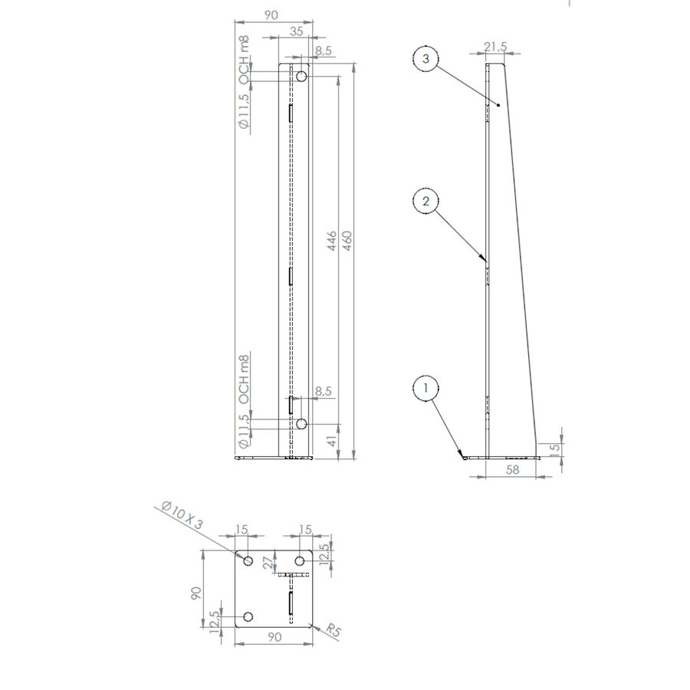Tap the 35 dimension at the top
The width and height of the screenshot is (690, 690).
click(297, 31)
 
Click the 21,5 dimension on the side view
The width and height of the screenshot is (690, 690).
click(496, 47)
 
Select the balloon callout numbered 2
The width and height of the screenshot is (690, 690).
click(426, 202)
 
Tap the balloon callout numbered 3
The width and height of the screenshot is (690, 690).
click(426, 58)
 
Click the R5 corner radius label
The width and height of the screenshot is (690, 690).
click(333, 630)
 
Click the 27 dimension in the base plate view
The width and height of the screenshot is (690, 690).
click(267, 563)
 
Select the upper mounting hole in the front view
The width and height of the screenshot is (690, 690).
click(301, 77)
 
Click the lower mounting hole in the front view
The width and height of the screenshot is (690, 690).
click(301, 423)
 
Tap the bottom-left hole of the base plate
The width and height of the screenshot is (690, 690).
click(248, 617)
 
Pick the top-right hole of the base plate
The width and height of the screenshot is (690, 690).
click(302, 561)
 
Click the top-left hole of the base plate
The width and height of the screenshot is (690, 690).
click(248, 561)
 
